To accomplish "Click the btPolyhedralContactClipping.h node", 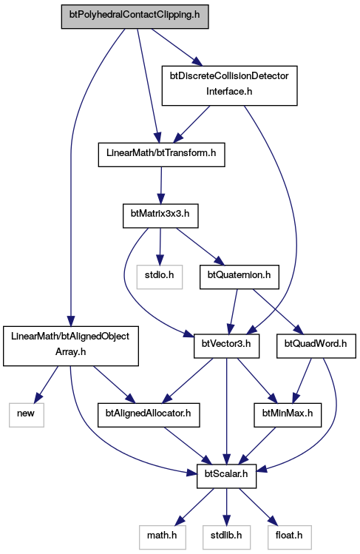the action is (x=135, y=16).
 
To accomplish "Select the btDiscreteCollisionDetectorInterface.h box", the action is (x=229, y=85).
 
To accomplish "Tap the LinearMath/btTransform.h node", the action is (x=161, y=155).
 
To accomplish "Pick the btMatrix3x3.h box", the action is (x=160, y=215).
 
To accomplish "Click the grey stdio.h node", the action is (x=160, y=277).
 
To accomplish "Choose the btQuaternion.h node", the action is (x=240, y=277).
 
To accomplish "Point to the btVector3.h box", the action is (x=226, y=346).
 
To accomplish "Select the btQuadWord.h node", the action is (x=316, y=346).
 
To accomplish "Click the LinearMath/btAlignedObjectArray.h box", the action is (x=70, y=346).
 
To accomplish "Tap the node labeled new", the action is (x=27, y=415).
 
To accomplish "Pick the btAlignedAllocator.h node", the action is (x=149, y=415).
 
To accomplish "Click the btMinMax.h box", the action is (x=288, y=415).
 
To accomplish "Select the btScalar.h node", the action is (x=226, y=476).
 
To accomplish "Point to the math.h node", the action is (x=163, y=537).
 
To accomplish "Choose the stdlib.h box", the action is (x=227, y=537).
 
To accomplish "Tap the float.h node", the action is (x=290, y=537).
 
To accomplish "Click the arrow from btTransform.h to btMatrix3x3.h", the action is (x=161, y=185).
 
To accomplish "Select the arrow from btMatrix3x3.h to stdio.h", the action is (x=160, y=246).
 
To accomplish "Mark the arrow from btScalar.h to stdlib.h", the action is (x=227, y=507).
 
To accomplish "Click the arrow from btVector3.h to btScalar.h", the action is (x=227, y=411).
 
